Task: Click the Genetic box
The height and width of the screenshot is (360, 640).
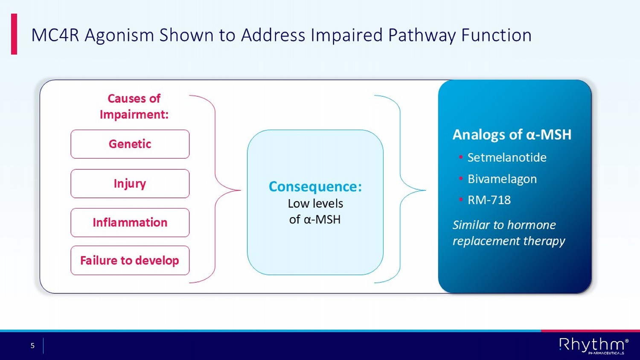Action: [130, 144]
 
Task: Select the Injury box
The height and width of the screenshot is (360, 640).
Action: [130, 183]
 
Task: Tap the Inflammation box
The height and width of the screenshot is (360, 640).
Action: [130, 223]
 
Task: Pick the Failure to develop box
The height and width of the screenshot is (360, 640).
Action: [130, 261]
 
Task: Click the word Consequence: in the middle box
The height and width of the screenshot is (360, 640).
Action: [315, 187]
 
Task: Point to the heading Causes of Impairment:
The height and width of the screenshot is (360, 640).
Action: [134, 107]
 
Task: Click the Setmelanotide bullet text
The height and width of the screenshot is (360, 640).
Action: [507, 157]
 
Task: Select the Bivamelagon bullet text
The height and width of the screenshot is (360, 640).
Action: [502, 179]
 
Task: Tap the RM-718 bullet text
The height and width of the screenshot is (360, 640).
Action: [489, 200]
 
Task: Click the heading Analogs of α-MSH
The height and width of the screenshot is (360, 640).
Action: [512, 135]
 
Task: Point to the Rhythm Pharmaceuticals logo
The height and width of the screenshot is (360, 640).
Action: [593, 345]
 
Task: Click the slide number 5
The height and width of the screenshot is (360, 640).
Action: [32, 345]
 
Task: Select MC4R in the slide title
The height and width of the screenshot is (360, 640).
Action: [55, 35]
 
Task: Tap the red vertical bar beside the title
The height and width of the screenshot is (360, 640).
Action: [14, 34]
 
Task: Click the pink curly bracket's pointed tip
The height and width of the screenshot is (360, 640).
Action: [240, 190]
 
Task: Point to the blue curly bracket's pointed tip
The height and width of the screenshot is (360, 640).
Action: [425, 190]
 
